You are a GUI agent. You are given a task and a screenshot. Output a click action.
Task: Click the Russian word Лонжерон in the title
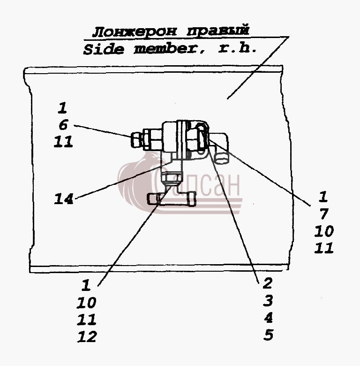[135, 31]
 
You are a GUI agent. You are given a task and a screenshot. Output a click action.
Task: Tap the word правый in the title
[218, 30]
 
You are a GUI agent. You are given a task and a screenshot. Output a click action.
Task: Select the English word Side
[104, 49]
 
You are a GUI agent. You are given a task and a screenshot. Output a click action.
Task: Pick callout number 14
[63, 199]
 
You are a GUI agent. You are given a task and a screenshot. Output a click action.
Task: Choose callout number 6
[63, 125]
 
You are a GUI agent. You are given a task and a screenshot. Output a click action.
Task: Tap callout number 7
[323, 214]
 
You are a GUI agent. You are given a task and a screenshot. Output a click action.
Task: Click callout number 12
[87, 336]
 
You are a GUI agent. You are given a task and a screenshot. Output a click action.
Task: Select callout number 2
[268, 283]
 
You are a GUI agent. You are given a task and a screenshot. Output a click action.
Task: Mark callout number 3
[268, 301]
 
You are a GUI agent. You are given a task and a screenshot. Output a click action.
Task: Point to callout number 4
[269, 318]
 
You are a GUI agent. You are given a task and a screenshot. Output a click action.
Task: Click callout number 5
[269, 335]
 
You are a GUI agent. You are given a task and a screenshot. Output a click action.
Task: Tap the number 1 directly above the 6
[62, 107]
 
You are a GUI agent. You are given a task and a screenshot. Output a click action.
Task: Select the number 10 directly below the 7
[324, 231]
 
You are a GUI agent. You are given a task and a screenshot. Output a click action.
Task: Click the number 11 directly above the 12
[87, 320]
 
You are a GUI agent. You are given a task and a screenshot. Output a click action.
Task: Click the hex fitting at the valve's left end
[135, 140]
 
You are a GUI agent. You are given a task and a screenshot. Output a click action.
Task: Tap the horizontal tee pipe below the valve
[172, 200]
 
